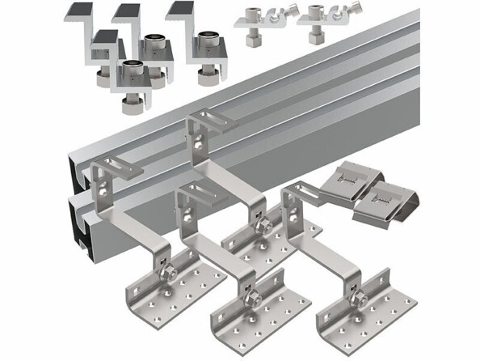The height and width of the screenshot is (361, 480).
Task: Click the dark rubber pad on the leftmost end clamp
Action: (x=78, y=10)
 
